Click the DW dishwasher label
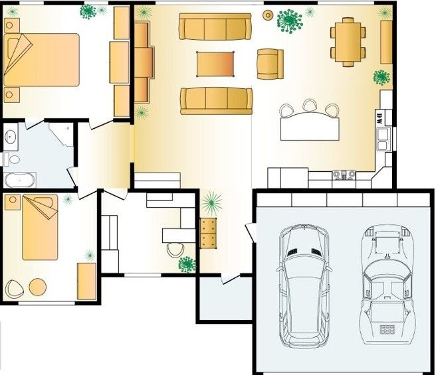tap(379, 118)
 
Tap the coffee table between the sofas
tap(215, 64)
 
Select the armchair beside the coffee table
tap(271, 64)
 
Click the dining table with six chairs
tap(348, 42)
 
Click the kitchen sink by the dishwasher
tap(383, 139)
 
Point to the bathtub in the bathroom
tap(19, 180)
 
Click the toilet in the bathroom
tap(12, 159)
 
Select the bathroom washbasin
tap(11, 137)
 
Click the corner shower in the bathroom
tap(62, 134)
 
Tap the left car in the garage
tap(304, 286)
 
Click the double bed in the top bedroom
tap(41, 60)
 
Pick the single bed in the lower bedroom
tap(40, 227)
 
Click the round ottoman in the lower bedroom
tap(38, 287)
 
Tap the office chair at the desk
tap(175, 250)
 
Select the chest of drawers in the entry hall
tap(208, 233)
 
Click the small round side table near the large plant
tap(268, 15)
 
